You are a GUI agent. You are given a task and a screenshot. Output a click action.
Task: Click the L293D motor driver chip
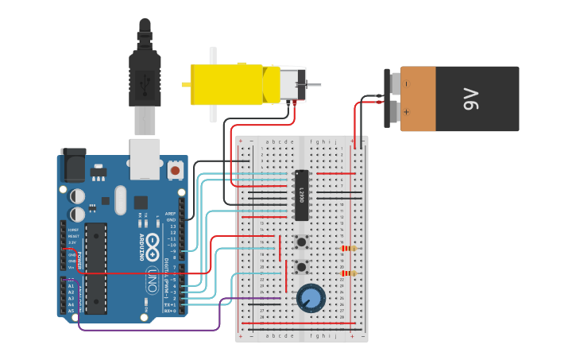coord(301,195)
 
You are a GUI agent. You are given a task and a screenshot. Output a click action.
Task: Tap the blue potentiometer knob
coord(311,299)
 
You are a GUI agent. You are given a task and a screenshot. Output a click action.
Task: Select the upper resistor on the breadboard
coord(348,248)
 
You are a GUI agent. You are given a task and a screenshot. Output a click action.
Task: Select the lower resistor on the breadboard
coord(348,273)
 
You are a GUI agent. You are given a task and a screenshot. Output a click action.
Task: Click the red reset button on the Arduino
coord(175,169)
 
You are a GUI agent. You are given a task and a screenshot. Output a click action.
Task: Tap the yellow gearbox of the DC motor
coord(226,84)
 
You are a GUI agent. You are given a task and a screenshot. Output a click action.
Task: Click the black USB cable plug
coord(145,75)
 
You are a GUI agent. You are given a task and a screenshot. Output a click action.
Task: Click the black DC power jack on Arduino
coord(73,166)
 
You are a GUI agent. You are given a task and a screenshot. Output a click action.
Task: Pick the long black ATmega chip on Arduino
coord(96,268)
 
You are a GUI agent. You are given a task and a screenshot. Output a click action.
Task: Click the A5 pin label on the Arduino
coord(71,311)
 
